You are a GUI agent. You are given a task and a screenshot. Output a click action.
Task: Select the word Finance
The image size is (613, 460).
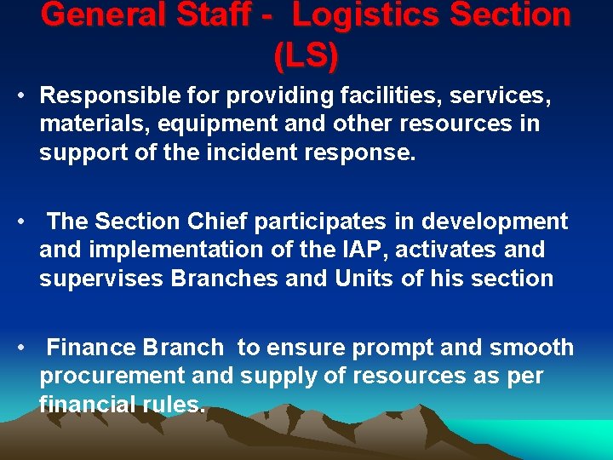point(92,348)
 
